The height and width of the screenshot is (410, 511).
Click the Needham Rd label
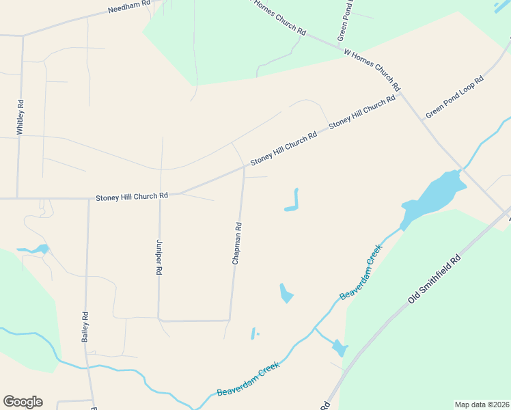point(128,10)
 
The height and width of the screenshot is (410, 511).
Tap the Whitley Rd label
point(21,117)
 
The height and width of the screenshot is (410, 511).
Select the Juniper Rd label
point(159,257)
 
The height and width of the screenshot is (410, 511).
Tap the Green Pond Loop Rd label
point(454,97)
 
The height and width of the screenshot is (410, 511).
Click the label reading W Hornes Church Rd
point(372,70)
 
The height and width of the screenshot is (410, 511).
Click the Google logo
point(23,402)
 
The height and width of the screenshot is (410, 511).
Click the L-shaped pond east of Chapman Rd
point(293,204)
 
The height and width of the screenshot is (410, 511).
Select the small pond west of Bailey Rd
point(38,249)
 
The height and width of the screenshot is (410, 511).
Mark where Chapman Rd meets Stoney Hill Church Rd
point(244,167)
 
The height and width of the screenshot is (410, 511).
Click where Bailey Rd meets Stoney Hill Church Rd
point(89,200)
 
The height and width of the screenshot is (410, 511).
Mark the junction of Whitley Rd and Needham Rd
point(23,35)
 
